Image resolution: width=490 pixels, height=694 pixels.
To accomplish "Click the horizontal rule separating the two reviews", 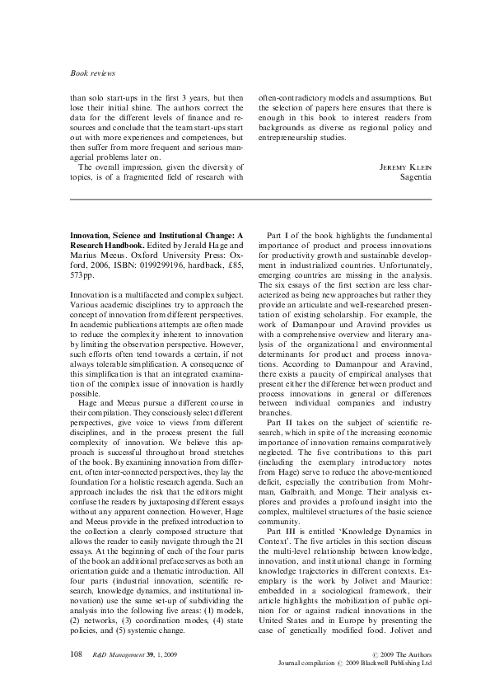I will (x=245, y=199).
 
